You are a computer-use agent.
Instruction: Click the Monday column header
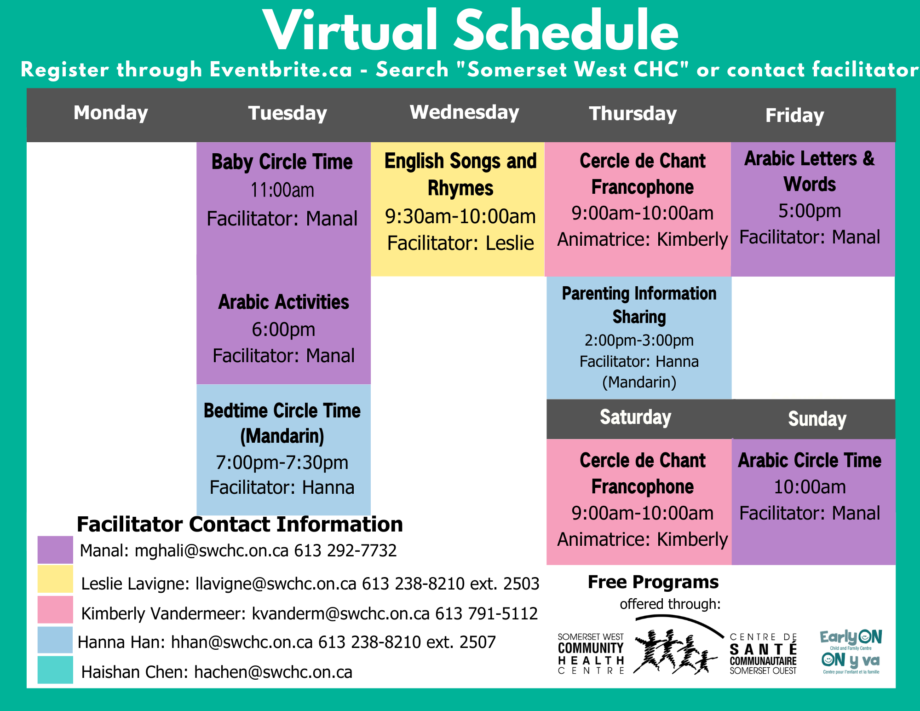pos(111,113)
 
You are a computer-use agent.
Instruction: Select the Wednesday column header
pos(464,113)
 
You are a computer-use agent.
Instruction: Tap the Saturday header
pos(635,417)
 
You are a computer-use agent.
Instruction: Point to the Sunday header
pos(817,419)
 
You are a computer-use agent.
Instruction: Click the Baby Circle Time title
pos(282,162)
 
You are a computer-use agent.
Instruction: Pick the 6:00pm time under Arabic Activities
pos(283,329)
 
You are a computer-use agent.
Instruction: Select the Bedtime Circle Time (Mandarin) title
pos(282,423)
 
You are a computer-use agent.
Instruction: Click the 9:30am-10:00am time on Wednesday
pos(460,216)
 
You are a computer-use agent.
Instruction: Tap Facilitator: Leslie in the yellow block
pos(460,243)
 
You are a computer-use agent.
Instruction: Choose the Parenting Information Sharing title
pos(639,305)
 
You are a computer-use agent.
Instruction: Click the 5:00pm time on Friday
pos(810,211)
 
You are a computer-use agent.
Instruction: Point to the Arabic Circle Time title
pos(810,460)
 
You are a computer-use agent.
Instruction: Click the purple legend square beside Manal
pos(55,550)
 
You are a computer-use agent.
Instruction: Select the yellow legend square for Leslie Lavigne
pos(55,579)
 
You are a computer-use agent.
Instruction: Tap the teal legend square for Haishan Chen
pos(55,670)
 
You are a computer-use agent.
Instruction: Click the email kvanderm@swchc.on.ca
pos(340,613)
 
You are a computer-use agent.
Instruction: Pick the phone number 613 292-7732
pos(345,550)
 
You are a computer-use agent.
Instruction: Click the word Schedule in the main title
pos(566,31)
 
